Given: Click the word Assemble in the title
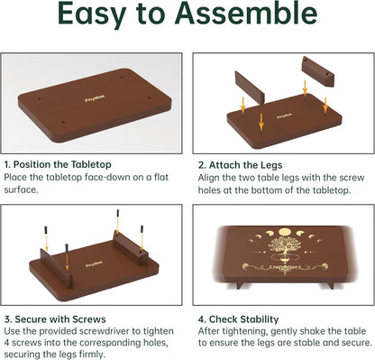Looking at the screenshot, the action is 246,13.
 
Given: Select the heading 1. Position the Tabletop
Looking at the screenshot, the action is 58,164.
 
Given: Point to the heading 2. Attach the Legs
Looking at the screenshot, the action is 240,165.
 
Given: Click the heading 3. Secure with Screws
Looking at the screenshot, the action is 55,319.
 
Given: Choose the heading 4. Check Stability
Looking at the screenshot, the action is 238,319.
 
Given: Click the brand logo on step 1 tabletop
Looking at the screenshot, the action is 95,98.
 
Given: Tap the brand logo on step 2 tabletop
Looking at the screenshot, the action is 284,115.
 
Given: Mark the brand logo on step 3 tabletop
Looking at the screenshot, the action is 94,264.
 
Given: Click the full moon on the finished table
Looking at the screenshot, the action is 284,232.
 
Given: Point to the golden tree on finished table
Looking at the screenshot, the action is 281,245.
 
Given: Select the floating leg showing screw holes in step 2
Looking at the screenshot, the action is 318,72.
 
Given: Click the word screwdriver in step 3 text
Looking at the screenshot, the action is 105,331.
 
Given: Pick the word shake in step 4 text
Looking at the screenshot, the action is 308,331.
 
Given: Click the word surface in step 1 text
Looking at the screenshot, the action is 22,190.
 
